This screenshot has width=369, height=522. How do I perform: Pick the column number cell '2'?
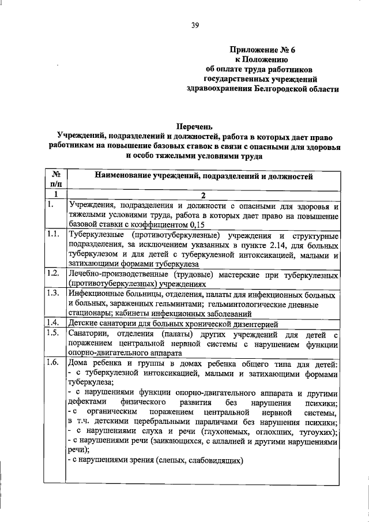[x=203, y=195]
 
